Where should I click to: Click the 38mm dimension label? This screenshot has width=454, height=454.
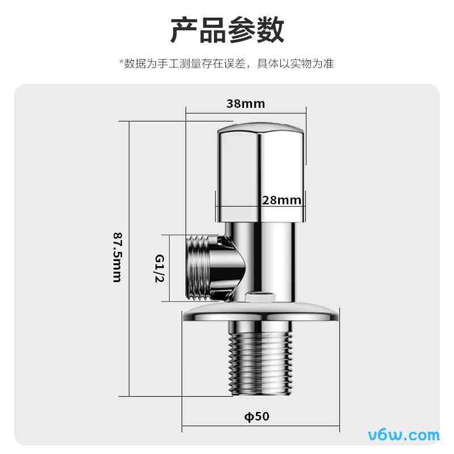(x=246, y=104)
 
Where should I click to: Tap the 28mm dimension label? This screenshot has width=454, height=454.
(x=281, y=200)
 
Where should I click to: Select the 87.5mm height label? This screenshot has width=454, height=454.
(x=117, y=257)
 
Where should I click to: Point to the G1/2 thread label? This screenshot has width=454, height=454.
(x=160, y=268)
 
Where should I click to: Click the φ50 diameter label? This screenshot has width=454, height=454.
(x=257, y=417)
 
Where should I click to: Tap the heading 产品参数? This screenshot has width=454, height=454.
(x=227, y=30)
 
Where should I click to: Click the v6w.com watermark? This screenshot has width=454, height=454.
(x=404, y=435)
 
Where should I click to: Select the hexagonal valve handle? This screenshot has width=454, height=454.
(x=260, y=173)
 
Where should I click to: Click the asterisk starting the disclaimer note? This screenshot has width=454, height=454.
(x=121, y=61)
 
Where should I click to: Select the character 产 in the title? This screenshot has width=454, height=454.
(x=184, y=30)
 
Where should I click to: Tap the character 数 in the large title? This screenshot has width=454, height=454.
(x=270, y=30)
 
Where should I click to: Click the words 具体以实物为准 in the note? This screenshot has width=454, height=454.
(x=295, y=64)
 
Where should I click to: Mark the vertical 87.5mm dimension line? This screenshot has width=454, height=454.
(x=129, y=259)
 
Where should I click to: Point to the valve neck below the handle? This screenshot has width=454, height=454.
(x=260, y=260)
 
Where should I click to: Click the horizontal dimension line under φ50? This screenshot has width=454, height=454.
(x=261, y=426)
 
